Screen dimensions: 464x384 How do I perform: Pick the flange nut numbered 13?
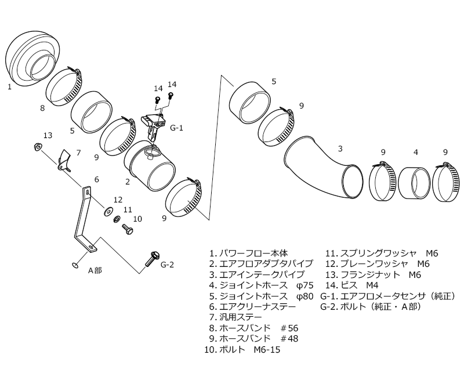tap(38, 146)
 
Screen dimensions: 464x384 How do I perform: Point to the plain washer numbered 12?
tap(107, 211)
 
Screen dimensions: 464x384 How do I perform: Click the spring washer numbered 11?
tap(117, 219)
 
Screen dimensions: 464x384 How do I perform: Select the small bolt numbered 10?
tap(128, 229)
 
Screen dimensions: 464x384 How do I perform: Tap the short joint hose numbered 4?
tap(414, 183)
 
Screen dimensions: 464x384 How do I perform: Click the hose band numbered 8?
tap(63, 86)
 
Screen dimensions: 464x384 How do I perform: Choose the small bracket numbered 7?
tap(64, 161)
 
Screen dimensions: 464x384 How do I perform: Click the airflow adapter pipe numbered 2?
tap(150, 167)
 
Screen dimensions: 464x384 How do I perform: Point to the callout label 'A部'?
tap(95, 270)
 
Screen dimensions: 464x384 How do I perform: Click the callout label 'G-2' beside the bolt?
tap(167, 265)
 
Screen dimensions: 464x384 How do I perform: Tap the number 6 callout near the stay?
tap(96, 180)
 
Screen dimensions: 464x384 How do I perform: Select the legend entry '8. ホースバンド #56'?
tap(253, 328)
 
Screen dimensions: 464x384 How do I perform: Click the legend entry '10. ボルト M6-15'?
tap(242, 349)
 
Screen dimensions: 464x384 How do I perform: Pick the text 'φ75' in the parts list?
tap(304, 285)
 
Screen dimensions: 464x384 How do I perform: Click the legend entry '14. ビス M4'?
tap(352, 285)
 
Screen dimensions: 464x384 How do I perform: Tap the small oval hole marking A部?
tap(75, 265)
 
